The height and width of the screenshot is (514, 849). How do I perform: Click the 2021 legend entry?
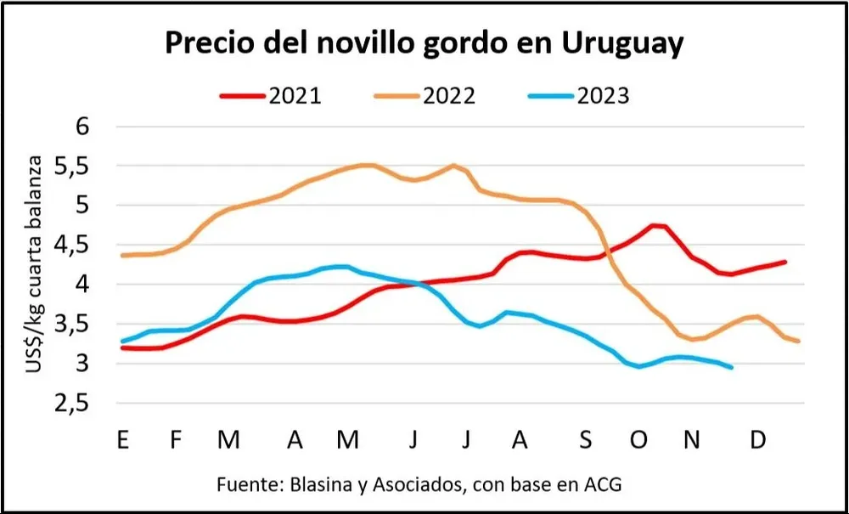(272, 95)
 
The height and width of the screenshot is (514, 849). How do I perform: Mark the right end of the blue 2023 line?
(731, 367)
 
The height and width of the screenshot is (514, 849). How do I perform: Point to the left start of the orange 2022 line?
(123, 255)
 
